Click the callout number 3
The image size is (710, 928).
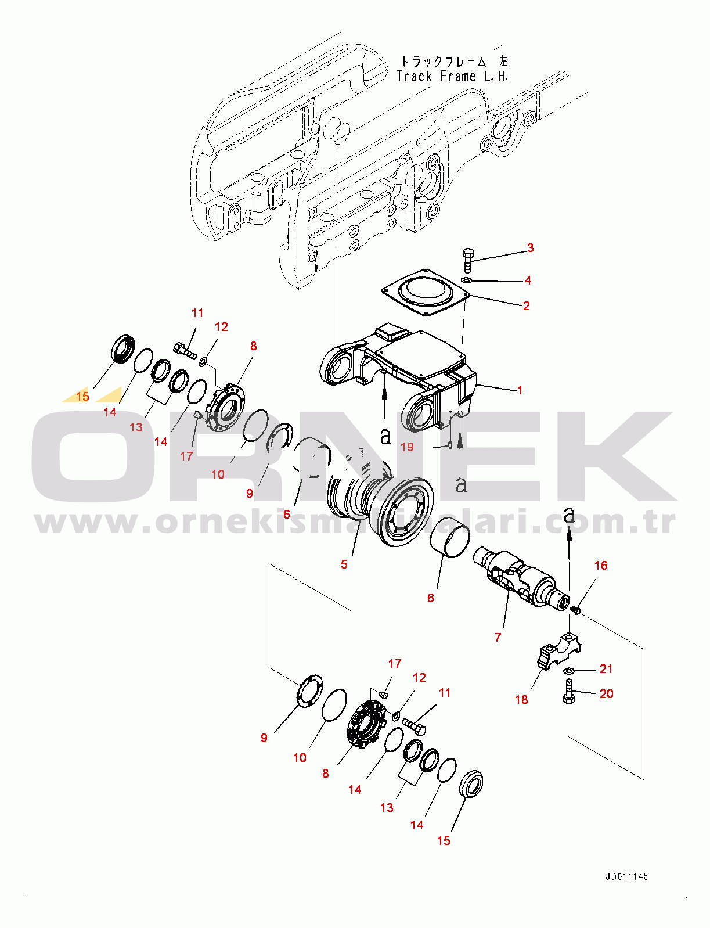click(531, 248)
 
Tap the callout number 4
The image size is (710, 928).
click(528, 280)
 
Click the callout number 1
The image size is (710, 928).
click(520, 390)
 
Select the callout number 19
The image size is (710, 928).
click(407, 447)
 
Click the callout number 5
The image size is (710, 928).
click(344, 564)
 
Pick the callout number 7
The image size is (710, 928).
click(498, 637)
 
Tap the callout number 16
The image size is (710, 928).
click(600, 565)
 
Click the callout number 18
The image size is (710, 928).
click(521, 700)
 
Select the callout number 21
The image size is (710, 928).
click(606, 669)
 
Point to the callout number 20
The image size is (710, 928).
click(606, 694)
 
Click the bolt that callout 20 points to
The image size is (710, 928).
click(568, 691)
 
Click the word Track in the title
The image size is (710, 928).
click(415, 77)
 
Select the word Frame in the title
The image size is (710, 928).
click(457, 77)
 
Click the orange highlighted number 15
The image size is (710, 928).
click(82, 396)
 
